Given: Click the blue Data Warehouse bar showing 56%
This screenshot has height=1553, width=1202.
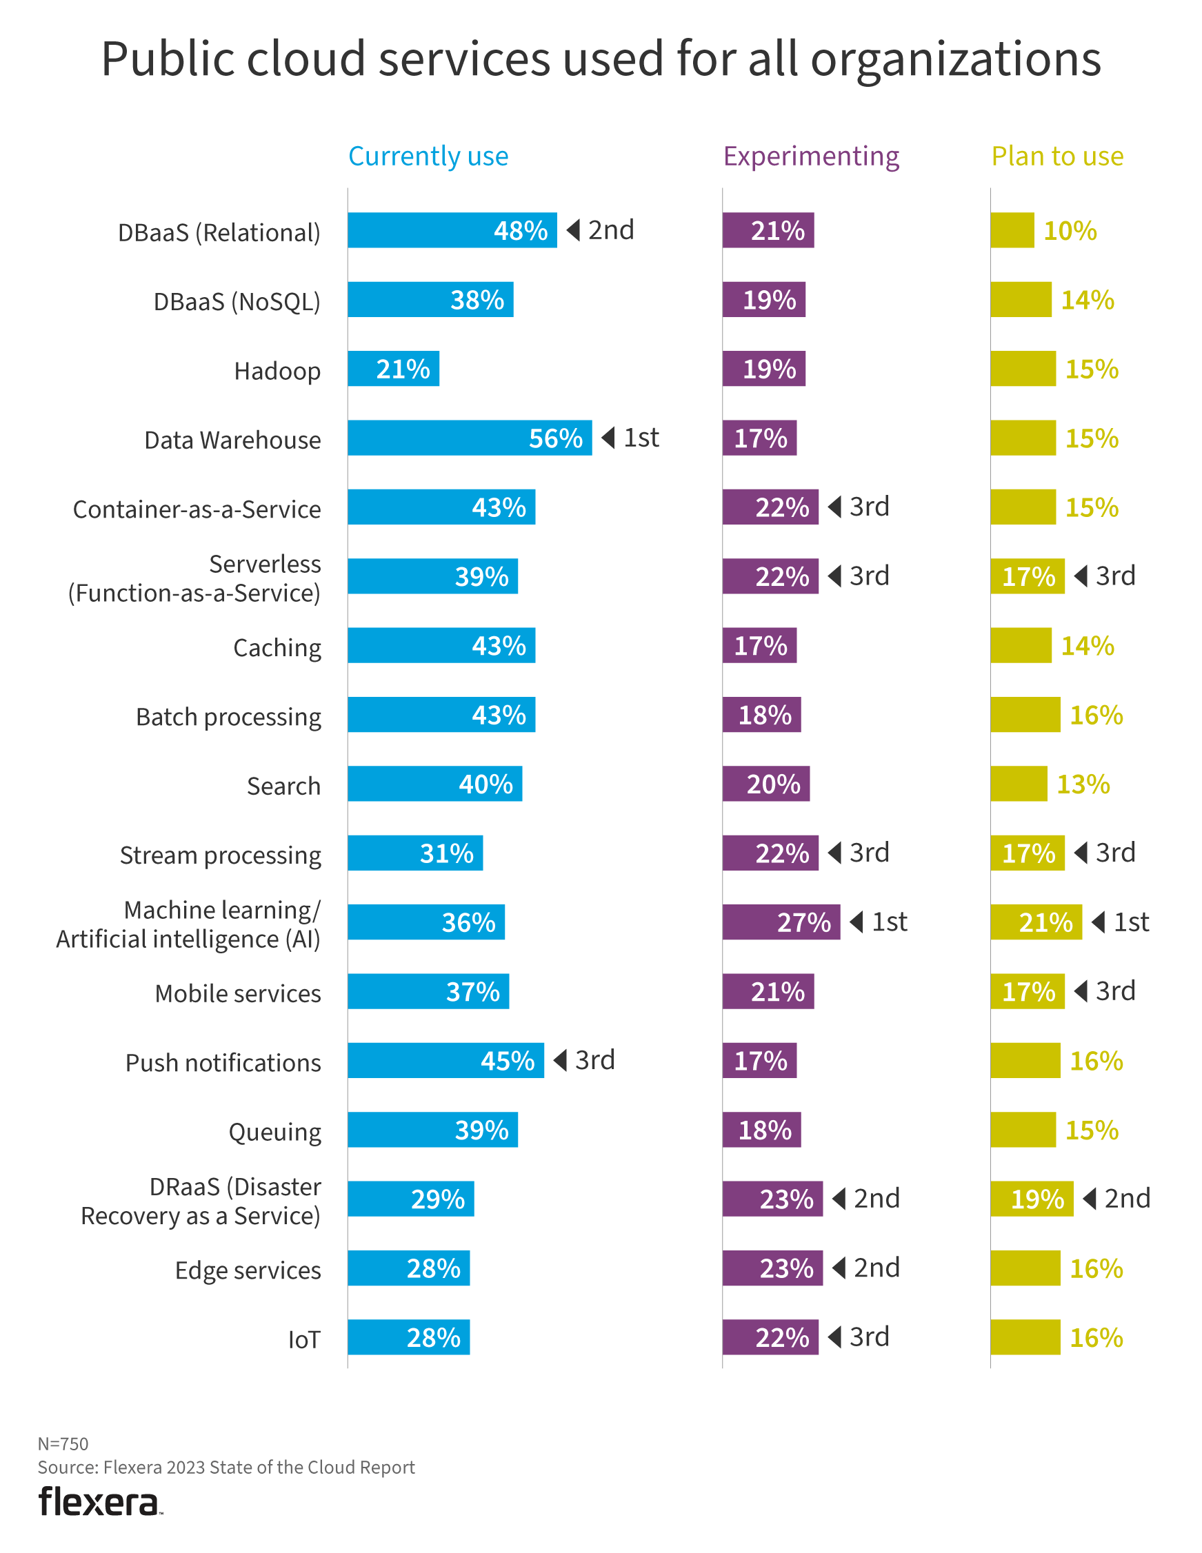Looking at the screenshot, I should (x=470, y=438).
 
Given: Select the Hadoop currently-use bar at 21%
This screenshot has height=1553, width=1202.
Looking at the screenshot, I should (x=393, y=369).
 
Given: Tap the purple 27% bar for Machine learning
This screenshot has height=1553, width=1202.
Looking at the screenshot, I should (x=781, y=922).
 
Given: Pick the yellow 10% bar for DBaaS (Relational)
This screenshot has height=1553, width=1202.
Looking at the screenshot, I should (x=1012, y=230).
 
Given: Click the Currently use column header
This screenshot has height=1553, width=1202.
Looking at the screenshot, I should (x=428, y=156).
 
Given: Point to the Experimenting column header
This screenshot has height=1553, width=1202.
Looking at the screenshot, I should (x=811, y=156).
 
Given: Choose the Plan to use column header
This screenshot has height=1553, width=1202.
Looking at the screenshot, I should (x=1057, y=156).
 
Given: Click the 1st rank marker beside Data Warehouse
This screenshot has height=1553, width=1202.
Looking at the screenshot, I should (x=632, y=437).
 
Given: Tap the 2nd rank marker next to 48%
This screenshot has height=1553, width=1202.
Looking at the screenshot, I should (x=601, y=230).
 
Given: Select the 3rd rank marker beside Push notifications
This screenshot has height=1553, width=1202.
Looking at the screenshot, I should (x=585, y=1060).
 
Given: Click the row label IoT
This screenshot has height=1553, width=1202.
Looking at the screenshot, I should (x=303, y=1340).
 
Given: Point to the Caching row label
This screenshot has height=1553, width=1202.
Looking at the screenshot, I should (x=277, y=648).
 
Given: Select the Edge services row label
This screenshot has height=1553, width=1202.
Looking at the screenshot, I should (x=248, y=1270).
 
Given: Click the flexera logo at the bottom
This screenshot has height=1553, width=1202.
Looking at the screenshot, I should (x=99, y=1503).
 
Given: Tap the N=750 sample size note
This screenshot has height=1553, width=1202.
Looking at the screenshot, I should (x=63, y=1443).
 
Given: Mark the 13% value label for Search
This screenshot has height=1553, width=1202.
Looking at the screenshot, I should (x=1083, y=784).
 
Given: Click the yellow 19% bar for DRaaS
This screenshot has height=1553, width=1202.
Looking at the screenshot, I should (x=1031, y=1199).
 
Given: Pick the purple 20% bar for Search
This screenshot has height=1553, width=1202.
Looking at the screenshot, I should (x=766, y=784).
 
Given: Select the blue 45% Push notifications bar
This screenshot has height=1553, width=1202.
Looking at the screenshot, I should (x=445, y=1060).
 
